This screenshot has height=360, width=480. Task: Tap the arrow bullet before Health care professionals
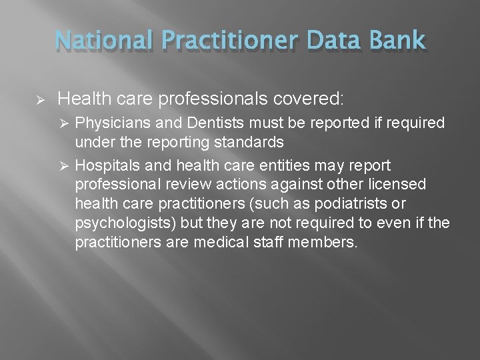(39, 100)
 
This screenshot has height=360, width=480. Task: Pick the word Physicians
(108, 124)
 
